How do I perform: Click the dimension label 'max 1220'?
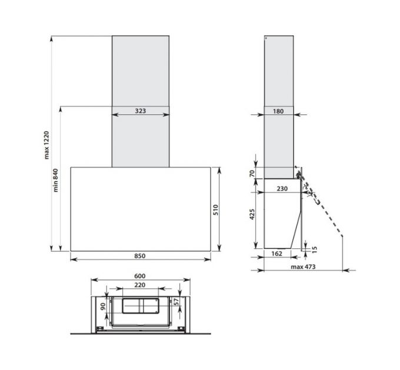(46, 145)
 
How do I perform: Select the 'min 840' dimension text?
(56, 180)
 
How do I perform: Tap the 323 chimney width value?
(141, 111)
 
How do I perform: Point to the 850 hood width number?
(140, 255)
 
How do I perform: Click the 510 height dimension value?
(216, 210)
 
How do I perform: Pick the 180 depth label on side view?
(278, 111)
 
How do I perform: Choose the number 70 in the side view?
(252, 174)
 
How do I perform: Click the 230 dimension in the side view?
(282, 189)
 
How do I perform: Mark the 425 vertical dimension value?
(252, 214)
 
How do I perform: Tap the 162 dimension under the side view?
(277, 254)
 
